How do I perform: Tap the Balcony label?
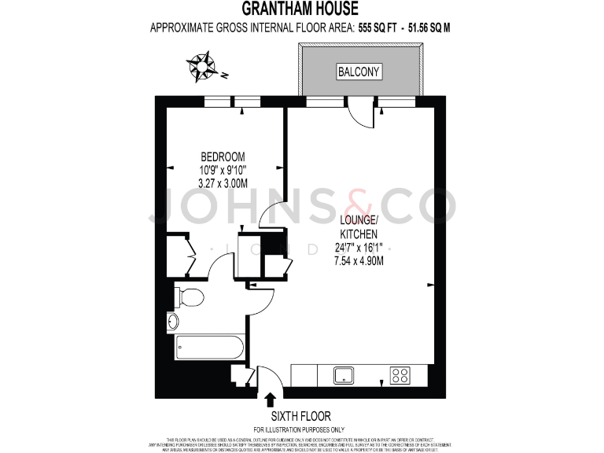(x=359, y=72)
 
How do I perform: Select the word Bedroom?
(x=223, y=156)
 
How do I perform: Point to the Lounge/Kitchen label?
(x=358, y=227)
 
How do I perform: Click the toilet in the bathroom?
(x=189, y=296)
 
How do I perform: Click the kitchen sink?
(x=344, y=375)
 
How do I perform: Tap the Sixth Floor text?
(x=300, y=416)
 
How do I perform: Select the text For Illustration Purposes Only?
(x=300, y=429)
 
